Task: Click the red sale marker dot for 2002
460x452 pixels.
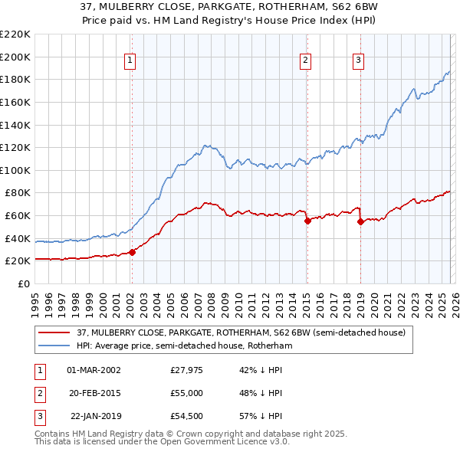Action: tap(132, 252)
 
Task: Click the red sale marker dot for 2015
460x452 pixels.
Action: tap(307, 221)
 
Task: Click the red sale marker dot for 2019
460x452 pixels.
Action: tap(360, 221)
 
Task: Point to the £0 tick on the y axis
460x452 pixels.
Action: tap(23, 283)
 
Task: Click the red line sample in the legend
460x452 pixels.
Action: tap(54, 333)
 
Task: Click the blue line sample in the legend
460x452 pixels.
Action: tap(54, 346)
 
